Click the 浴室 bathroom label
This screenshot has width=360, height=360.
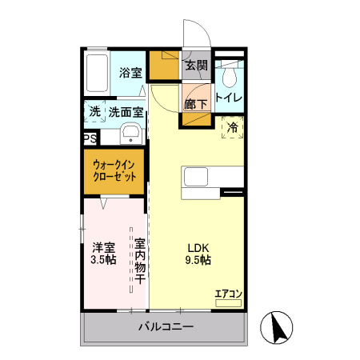pyautogui.click(x=131, y=73)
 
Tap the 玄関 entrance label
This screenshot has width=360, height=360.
pyautogui.click(x=197, y=66)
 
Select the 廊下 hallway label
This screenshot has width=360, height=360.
pyautogui.click(x=196, y=104)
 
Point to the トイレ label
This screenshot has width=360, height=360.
pyautogui.click(x=229, y=98)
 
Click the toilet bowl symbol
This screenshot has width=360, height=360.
pyautogui.click(x=229, y=76)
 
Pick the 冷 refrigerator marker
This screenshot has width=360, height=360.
pyautogui.click(x=233, y=127)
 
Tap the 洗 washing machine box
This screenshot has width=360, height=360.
pyautogui.click(x=94, y=113)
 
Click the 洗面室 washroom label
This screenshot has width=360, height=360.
pyautogui.click(x=126, y=113)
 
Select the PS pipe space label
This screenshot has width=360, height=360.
pyautogui.click(x=90, y=138)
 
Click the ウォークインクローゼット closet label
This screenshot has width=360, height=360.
pyautogui.click(x=115, y=170)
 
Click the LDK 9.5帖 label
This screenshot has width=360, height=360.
pyautogui.click(x=198, y=253)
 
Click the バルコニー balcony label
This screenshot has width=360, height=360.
pyautogui.click(x=166, y=326)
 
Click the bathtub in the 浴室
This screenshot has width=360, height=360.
pyautogui.click(x=97, y=73)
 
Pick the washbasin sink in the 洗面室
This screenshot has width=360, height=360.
pyautogui.click(x=132, y=133)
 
